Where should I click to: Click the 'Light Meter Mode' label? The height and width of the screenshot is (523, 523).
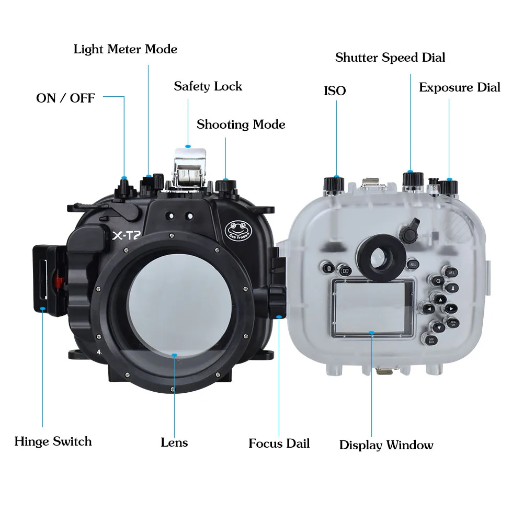tap(126, 49)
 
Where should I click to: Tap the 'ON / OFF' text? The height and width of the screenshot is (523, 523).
tap(65, 98)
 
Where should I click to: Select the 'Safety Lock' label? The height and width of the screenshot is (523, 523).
tap(208, 86)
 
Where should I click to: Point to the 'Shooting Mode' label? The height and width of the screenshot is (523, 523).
tap(241, 124)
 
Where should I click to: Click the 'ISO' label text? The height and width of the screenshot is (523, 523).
tap(335, 91)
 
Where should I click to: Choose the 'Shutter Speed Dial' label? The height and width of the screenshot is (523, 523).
tap(390, 58)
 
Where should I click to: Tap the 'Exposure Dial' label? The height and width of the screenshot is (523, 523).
tap(460, 87)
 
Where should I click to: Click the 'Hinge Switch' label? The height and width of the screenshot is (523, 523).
tap(53, 441)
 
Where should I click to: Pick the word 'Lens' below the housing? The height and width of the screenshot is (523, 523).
tap(174, 442)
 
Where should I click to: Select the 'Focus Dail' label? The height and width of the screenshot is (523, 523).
tap(279, 444)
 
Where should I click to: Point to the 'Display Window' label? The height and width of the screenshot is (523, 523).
tap(386, 445)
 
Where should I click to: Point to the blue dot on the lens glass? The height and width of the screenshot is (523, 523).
tap(175, 354)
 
